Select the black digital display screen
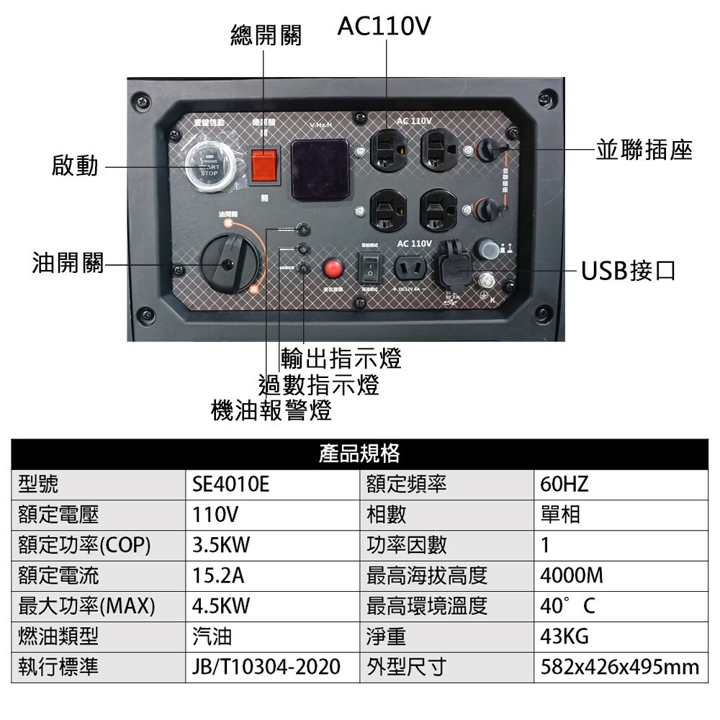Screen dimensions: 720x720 pos(320,169)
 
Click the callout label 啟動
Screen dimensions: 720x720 pos(75,166)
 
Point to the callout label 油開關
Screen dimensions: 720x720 pos(68,264)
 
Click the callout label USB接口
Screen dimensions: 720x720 pos(629,271)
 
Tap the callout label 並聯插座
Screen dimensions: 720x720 pos(643,150)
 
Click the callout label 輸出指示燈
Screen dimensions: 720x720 pos(341,358)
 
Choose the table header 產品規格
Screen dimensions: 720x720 pos(359,453)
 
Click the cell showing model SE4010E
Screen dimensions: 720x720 pos(230,484)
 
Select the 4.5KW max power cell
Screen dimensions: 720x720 pos(221,606)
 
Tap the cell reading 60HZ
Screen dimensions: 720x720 pos(564,484)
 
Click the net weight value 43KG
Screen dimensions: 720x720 pos(564,636)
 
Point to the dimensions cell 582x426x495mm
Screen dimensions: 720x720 pos(619,667)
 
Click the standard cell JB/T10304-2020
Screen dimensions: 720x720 pos(266,667)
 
